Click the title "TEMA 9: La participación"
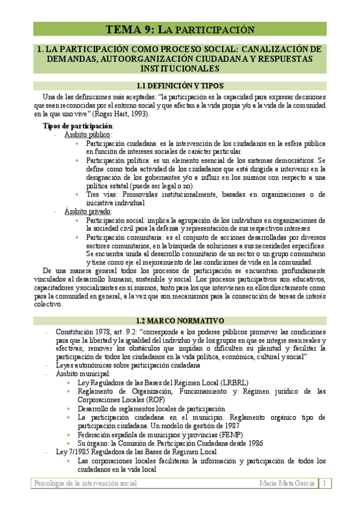(180, 29)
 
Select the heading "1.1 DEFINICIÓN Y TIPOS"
(180, 86)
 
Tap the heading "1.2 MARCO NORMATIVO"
(180, 321)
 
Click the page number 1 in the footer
(323, 484)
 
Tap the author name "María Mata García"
(287, 484)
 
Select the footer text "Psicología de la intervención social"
(86, 484)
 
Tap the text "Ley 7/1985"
(72, 452)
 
